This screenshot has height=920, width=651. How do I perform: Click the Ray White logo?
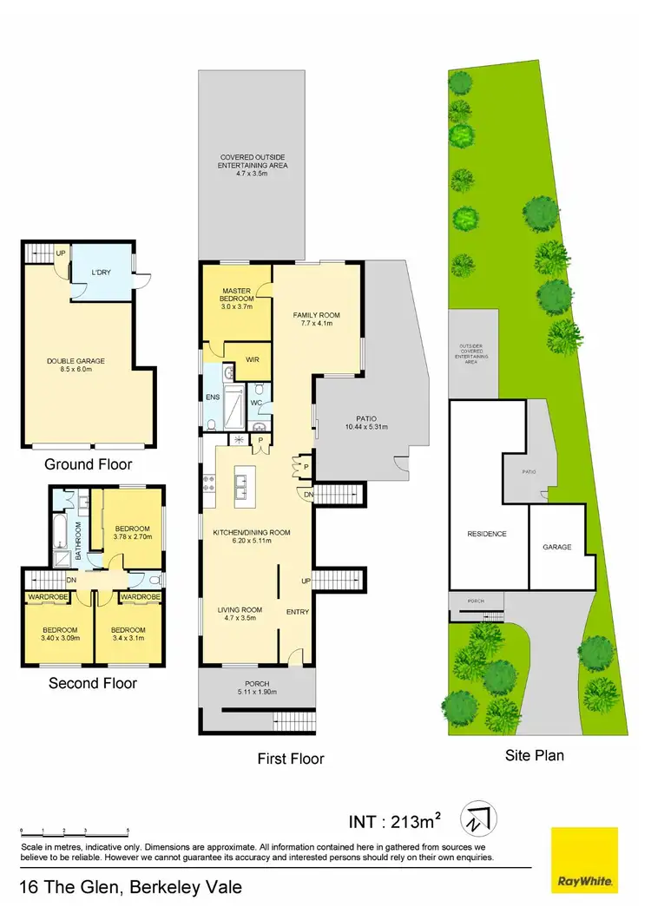click(585, 860)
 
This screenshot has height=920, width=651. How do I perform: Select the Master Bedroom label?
click(236, 298)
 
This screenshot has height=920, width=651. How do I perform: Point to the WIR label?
click(254, 359)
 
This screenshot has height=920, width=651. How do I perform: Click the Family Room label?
click(316, 319)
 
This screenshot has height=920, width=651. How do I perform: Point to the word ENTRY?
click(298, 612)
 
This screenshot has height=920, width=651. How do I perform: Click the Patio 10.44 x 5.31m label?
click(365, 423)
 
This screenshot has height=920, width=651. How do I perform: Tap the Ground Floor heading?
click(82, 463)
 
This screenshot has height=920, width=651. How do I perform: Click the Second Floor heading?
click(93, 683)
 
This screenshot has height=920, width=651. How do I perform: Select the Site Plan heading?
click(535, 755)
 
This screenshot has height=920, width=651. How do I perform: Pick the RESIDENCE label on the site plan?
click(486, 534)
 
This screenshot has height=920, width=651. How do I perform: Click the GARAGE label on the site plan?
click(557, 548)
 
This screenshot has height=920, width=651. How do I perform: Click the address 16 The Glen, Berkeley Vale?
click(130, 888)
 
